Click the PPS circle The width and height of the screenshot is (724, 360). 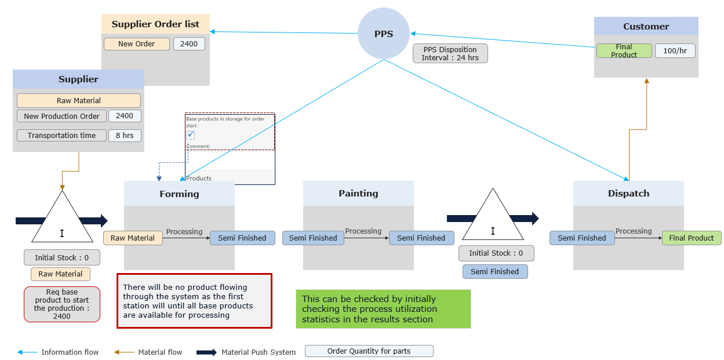[383, 34]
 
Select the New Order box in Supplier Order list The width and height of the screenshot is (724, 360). [137, 44]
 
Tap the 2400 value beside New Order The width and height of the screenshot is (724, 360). [189, 44]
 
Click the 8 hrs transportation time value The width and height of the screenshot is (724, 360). [125, 136]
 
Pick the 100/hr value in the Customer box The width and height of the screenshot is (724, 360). [675, 51]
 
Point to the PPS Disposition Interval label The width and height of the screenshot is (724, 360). [450, 53]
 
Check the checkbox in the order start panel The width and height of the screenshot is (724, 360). [191, 135]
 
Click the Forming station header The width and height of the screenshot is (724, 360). [179, 194]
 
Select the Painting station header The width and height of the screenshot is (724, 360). [358, 193]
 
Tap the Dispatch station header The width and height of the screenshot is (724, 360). [628, 193]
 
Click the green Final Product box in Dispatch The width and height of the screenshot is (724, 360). [692, 238]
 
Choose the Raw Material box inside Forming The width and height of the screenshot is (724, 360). [133, 238]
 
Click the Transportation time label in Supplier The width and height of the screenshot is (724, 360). [61, 136]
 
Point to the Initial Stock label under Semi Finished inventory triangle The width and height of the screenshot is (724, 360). [496, 253]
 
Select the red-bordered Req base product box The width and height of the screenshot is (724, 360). [62, 304]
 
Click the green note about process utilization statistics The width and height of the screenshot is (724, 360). [383, 309]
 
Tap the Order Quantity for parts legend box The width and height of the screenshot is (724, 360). [369, 351]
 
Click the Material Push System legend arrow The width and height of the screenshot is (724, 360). [206, 352]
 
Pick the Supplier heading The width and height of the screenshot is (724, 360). [78, 79]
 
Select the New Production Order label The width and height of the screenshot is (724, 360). [62, 116]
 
